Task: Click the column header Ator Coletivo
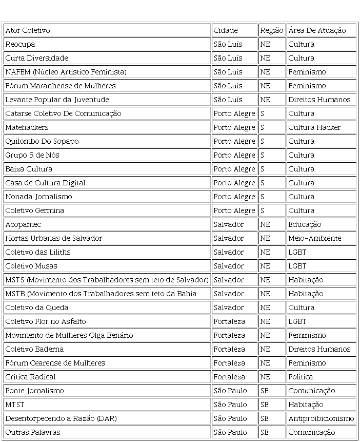pyautogui.click(x=28, y=30)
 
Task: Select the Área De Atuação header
pyautogui.click(x=317, y=30)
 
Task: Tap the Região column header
pyautogui.click(x=271, y=30)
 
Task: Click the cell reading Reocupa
pyautogui.click(x=20, y=44)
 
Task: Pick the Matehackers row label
pyautogui.click(x=27, y=127)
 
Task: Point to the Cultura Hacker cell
pyautogui.click(x=314, y=127)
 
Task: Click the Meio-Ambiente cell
pyautogui.click(x=314, y=238)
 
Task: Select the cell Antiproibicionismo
pyautogui.click(x=321, y=418)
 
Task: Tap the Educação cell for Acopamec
pyautogui.click(x=305, y=224)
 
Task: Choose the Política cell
pyautogui.click(x=301, y=377)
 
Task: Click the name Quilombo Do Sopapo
pyautogui.click(x=42, y=141)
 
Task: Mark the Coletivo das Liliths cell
pyautogui.click(x=38, y=252)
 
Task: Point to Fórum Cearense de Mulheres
pyautogui.click(x=55, y=363)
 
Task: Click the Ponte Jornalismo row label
pyautogui.click(x=34, y=391)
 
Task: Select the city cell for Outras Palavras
pyautogui.click(x=230, y=432)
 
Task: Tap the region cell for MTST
pyautogui.click(x=265, y=405)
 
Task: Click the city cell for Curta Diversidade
pyautogui.click(x=228, y=58)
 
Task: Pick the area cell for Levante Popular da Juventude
pyautogui.click(x=319, y=100)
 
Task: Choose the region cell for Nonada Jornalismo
pyautogui.click(x=263, y=197)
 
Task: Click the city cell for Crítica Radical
pyautogui.click(x=229, y=377)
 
